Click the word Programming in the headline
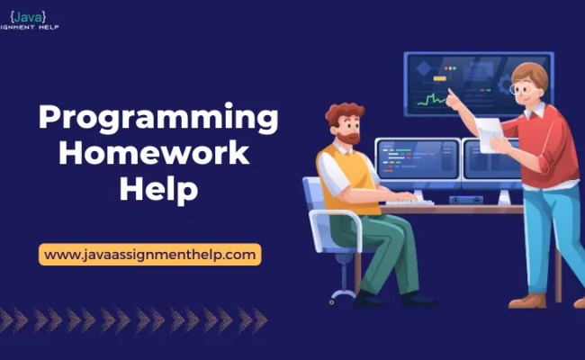click(157, 119)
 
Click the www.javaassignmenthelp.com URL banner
click(149, 255)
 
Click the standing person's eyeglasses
click(520, 88)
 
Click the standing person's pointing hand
click(453, 97)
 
